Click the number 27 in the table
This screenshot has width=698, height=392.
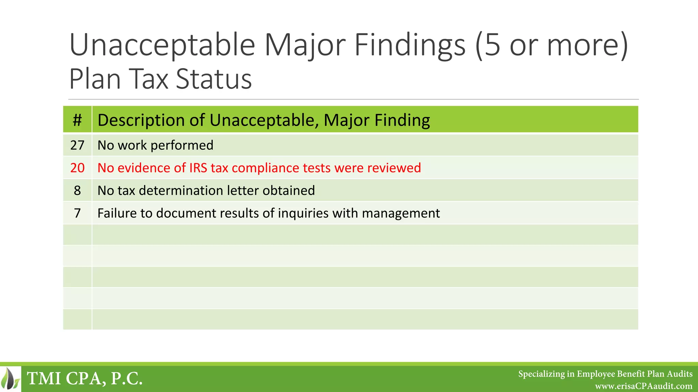(77, 145)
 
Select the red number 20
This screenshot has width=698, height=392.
(77, 168)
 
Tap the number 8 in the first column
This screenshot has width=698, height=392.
(77, 191)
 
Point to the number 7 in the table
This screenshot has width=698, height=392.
(77, 213)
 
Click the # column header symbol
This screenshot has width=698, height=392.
(77, 120)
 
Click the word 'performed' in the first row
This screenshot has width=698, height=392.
(182, 146)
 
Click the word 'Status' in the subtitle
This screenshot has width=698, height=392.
(214, 79)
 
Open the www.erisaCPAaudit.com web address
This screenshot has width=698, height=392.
(643, 386)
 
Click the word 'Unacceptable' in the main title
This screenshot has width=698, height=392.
(162, 45)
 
